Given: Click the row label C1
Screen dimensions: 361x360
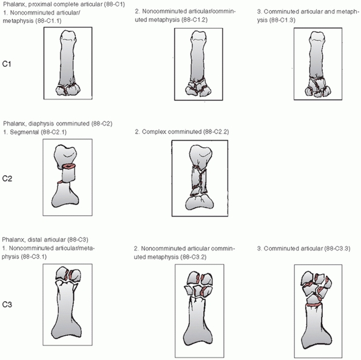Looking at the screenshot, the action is point(7,64).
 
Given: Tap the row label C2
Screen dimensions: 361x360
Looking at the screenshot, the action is point(7,179).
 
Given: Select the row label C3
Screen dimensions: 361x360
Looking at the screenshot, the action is point(7,305).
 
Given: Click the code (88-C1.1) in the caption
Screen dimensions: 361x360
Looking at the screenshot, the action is point(48,21).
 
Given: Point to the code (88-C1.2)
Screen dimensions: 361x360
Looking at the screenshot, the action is point(194,20).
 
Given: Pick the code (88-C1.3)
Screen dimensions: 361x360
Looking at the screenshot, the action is point(282,20).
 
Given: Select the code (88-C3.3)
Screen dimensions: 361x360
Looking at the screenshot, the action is point(337,248).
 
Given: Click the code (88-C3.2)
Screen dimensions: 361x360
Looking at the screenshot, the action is point(194,257).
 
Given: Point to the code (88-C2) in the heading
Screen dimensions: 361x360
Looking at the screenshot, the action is point(102,124).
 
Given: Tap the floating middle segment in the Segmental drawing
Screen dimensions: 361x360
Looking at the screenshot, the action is point(68,175).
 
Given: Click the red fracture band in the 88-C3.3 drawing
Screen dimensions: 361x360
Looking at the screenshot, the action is point(314,305).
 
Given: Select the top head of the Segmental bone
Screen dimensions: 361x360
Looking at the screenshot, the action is point(66,154).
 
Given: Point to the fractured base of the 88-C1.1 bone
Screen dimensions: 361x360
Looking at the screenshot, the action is point(68,89).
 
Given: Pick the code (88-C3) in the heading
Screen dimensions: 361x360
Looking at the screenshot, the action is point(78,239).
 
